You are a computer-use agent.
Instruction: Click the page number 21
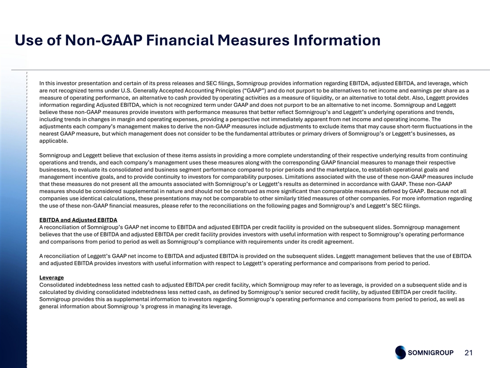470,352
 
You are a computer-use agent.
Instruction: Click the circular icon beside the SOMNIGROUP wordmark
401,352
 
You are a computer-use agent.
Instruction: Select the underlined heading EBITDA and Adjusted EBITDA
78,220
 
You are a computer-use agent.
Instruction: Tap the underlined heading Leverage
52,278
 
